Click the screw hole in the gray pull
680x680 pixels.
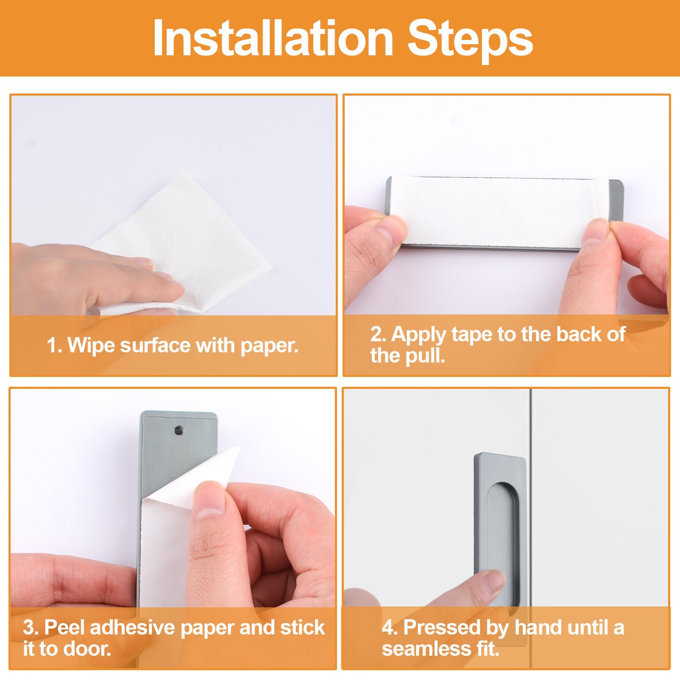pyautogui.click(x=179, y=431)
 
